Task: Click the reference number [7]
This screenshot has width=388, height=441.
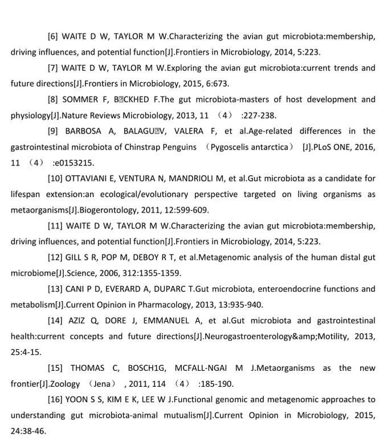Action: point(54,68)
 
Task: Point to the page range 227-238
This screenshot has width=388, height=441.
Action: point(261,115)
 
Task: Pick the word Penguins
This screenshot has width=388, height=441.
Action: point(181,147)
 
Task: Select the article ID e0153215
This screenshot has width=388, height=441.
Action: point(74,163)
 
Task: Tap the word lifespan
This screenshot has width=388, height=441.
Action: point(26,194)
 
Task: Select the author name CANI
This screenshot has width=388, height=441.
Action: point(77,289)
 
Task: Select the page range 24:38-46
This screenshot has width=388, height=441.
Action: point(26,431)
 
